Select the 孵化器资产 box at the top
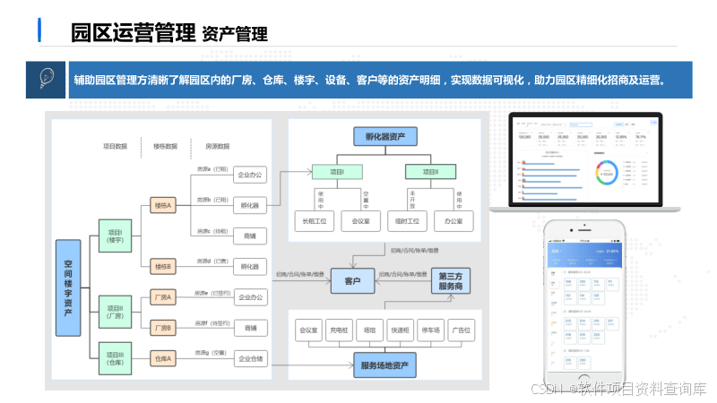coord(385,137)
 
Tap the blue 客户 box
coord(352,281)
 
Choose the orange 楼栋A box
coord(163,205)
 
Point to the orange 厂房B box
coord(163,327)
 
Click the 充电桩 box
coord(341,330)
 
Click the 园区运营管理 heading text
coord(134,34)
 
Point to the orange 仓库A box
coord(163,358)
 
